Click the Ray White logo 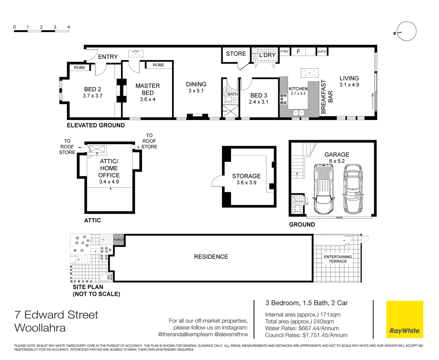click(404, 319)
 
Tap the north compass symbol click(406, 32)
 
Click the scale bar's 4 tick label click(68, 27)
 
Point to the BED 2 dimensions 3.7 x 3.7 click(93, 96)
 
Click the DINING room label click(196, 84)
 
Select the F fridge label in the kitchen click(298, 52)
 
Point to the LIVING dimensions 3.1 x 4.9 click(349, 85)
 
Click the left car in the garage click(323, 189)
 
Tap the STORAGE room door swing click(217, 181)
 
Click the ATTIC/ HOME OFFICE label click(109, 168)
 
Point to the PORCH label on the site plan click(118, 240)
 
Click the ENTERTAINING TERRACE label click(338, 259)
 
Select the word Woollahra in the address click(40, 328)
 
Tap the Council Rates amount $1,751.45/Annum click(325, 335)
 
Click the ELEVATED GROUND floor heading click(96, 125)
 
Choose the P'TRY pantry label click(284, 52)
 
